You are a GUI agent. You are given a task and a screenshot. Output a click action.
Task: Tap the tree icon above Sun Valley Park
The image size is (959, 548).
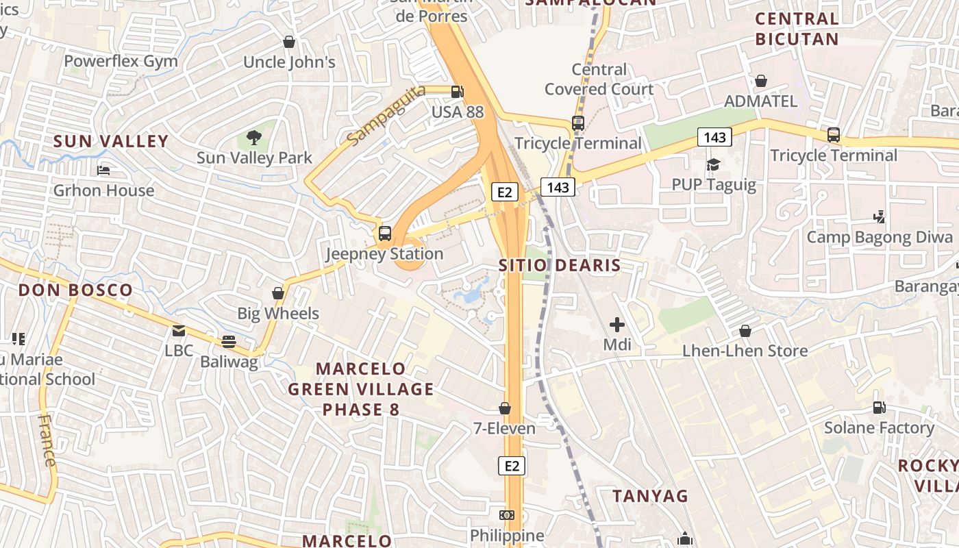click(x=254, y=138)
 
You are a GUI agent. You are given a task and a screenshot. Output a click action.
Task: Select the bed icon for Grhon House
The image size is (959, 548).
click(x=103, y=170)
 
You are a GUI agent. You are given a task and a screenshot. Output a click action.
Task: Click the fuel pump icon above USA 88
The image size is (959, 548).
click(x=457, y=91)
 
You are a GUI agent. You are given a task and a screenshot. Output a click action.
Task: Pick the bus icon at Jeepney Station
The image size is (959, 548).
click(x=385, y=234)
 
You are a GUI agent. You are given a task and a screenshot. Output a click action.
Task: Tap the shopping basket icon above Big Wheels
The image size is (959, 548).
click(x=278, y=293)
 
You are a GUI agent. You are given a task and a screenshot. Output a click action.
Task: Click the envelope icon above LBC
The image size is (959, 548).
click(x=179, y=331)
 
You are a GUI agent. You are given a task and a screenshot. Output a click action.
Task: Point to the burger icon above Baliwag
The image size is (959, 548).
click(x=229, y=341)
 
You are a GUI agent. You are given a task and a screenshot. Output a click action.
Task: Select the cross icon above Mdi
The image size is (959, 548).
click(x=617, y=325)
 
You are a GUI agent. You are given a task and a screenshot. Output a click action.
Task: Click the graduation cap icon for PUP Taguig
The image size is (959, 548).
click(x=713, y=164)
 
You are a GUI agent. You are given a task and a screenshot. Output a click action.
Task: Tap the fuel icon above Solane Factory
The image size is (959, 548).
click(x=879, y=408)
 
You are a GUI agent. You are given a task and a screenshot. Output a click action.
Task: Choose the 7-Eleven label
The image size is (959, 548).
click(x=505, y=428)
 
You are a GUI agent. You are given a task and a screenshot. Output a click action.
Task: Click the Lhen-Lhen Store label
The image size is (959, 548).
click(x=745, y=351)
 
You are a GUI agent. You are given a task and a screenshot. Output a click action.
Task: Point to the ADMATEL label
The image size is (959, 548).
click(x=760, y=101)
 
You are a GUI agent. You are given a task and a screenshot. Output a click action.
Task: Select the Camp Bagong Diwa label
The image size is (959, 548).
click(x=880, y=238)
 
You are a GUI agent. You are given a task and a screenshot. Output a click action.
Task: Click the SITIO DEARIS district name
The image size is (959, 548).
click(x=560, y=265)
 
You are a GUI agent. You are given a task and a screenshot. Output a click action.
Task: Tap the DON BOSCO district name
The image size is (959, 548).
click(x=75, y=290)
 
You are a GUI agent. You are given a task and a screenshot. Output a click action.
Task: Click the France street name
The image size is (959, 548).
click(x=47, y=440)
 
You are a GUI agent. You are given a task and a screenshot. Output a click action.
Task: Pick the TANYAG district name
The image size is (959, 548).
click(x=650, y=495)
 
